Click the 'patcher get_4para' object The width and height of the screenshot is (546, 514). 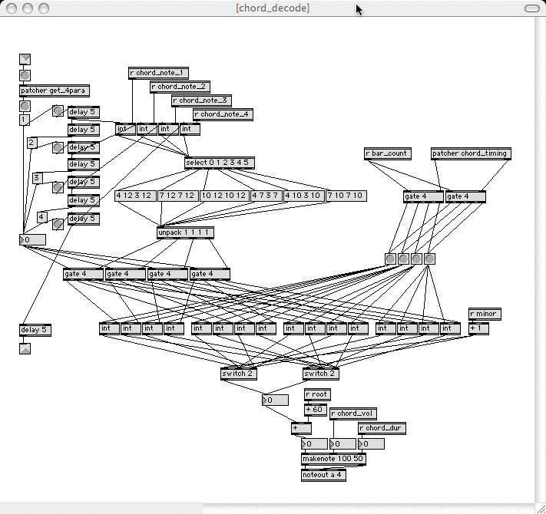tap(54, 91)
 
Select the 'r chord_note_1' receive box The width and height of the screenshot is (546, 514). tap(158, 73)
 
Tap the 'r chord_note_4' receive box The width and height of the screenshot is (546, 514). tap(223, 114)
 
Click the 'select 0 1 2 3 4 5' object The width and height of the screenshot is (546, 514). tap(219, 163)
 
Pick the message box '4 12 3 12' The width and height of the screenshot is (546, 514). tap(135, 196)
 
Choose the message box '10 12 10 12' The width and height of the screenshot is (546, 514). tap(223, 196)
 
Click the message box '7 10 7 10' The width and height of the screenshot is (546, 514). tap(346, 196)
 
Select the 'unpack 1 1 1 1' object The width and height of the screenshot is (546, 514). tap(185, 232)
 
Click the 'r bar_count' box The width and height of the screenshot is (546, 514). tap(387, 153)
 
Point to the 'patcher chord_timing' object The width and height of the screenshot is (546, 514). tap(471, 153)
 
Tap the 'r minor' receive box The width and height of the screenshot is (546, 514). tap(485, 314)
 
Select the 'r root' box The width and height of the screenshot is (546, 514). tap(317, 394)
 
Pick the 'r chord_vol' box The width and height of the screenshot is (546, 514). tap(354, 414)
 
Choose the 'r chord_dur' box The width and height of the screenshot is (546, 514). tap(382, 428)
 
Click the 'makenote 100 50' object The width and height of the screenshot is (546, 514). tap(333, 459)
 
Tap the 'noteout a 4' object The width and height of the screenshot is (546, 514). tap(323, 474)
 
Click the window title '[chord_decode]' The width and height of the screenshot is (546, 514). tap(273, 8)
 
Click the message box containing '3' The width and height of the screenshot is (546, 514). tap(37, 178)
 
